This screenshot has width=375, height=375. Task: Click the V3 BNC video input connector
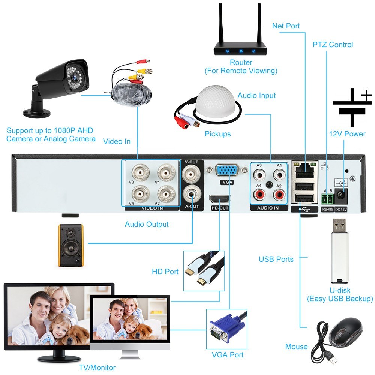pos(139,173)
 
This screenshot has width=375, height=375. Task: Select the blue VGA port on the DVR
pos(227,171)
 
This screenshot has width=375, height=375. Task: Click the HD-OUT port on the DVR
pos(219,199)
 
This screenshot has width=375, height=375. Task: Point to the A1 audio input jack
pos(279,174)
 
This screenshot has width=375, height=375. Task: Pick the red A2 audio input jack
pos(279,194)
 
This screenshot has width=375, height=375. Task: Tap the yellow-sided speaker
pos(70,245)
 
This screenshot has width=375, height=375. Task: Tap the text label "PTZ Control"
pos(333,45)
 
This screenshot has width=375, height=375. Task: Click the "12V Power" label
pos(347,134)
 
